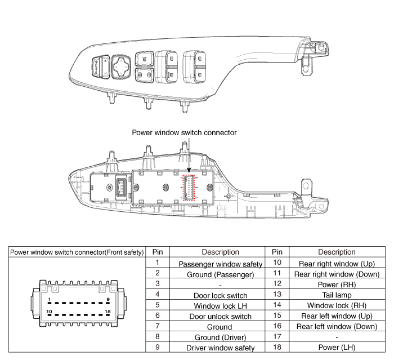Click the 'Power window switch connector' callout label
pyautogui.click(x=184, y=133)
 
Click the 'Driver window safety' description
pyautogui.click(x=217, y=347)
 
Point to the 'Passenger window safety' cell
pyautogui.click(x=217, y=264)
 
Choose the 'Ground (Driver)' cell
pyautogui.click(x=217, y=337)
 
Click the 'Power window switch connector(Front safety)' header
pyautogui.click(x=77, y=252)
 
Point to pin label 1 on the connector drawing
pyautogui.click(x=50, y=300)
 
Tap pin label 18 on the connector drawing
pyautogui.click(x=107, y=311)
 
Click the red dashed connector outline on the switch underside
pyautogui.click(x=188, y=186)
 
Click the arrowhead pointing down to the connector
pyautogui.click(x=189, y=170)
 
